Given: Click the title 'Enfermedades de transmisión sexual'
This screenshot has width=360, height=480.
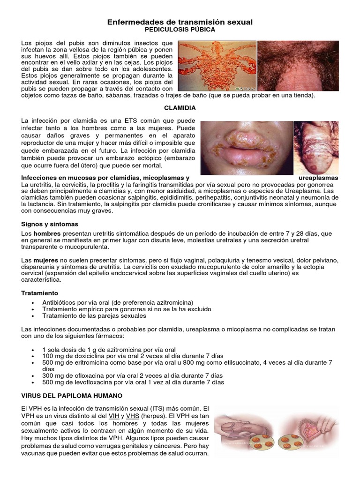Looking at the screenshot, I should tap(180, 22).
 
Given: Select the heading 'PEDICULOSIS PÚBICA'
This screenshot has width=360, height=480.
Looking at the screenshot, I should tap(180, 30).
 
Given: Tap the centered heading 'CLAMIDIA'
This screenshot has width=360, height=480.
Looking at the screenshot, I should tap(180, 108).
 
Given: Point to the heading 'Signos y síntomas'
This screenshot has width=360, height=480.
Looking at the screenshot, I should tap(50, 224).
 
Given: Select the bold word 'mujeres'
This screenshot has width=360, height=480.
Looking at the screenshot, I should tap(46, 260).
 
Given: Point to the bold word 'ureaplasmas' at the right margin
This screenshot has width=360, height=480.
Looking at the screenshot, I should tap(318, 178).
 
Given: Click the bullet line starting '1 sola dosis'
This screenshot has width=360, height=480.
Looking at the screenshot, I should tap(109, 350).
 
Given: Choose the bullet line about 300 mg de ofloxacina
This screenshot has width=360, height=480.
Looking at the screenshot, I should tap(126, 375).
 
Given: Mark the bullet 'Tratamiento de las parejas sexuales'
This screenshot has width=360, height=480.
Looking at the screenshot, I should tap(94, 315).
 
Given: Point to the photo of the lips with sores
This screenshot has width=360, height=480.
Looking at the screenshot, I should tap(246, 148).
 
